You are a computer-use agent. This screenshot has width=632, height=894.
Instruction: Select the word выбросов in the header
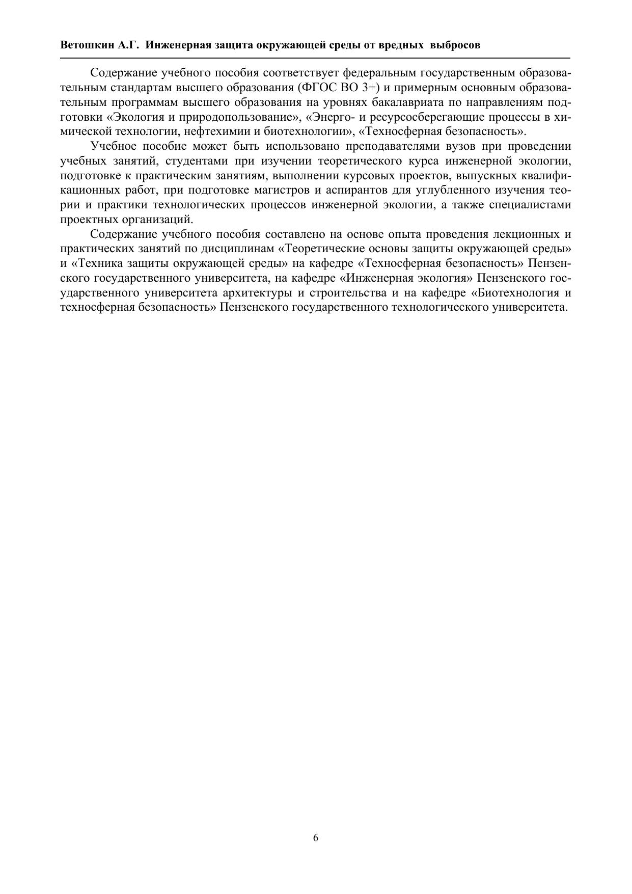pos(455,45)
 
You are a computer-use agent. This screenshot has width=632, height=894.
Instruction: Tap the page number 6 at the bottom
pos(316,838)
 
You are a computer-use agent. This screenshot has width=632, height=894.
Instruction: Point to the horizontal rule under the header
pos(316,59)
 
